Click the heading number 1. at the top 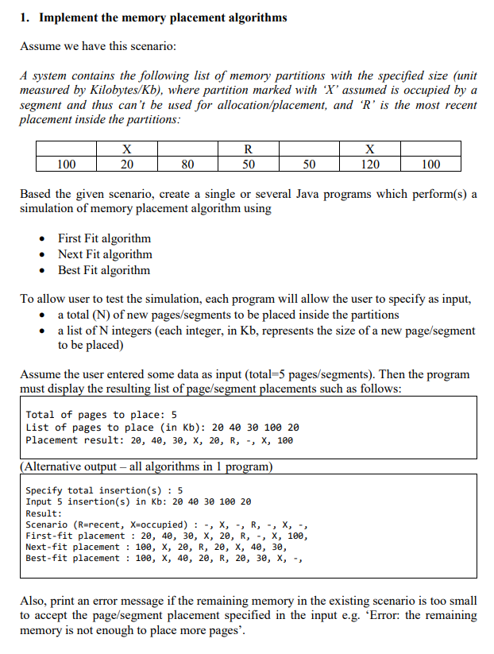(25, 17)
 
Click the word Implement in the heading (67, 17)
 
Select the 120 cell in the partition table (369, 164)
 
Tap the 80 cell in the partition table (187, 164)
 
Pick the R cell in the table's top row (249, 149)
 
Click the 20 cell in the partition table (126, 164)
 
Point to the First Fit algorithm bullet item (104, 238)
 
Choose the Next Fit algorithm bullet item (105, 254)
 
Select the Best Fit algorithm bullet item (103, 270)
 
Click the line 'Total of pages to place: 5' (101, 415)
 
